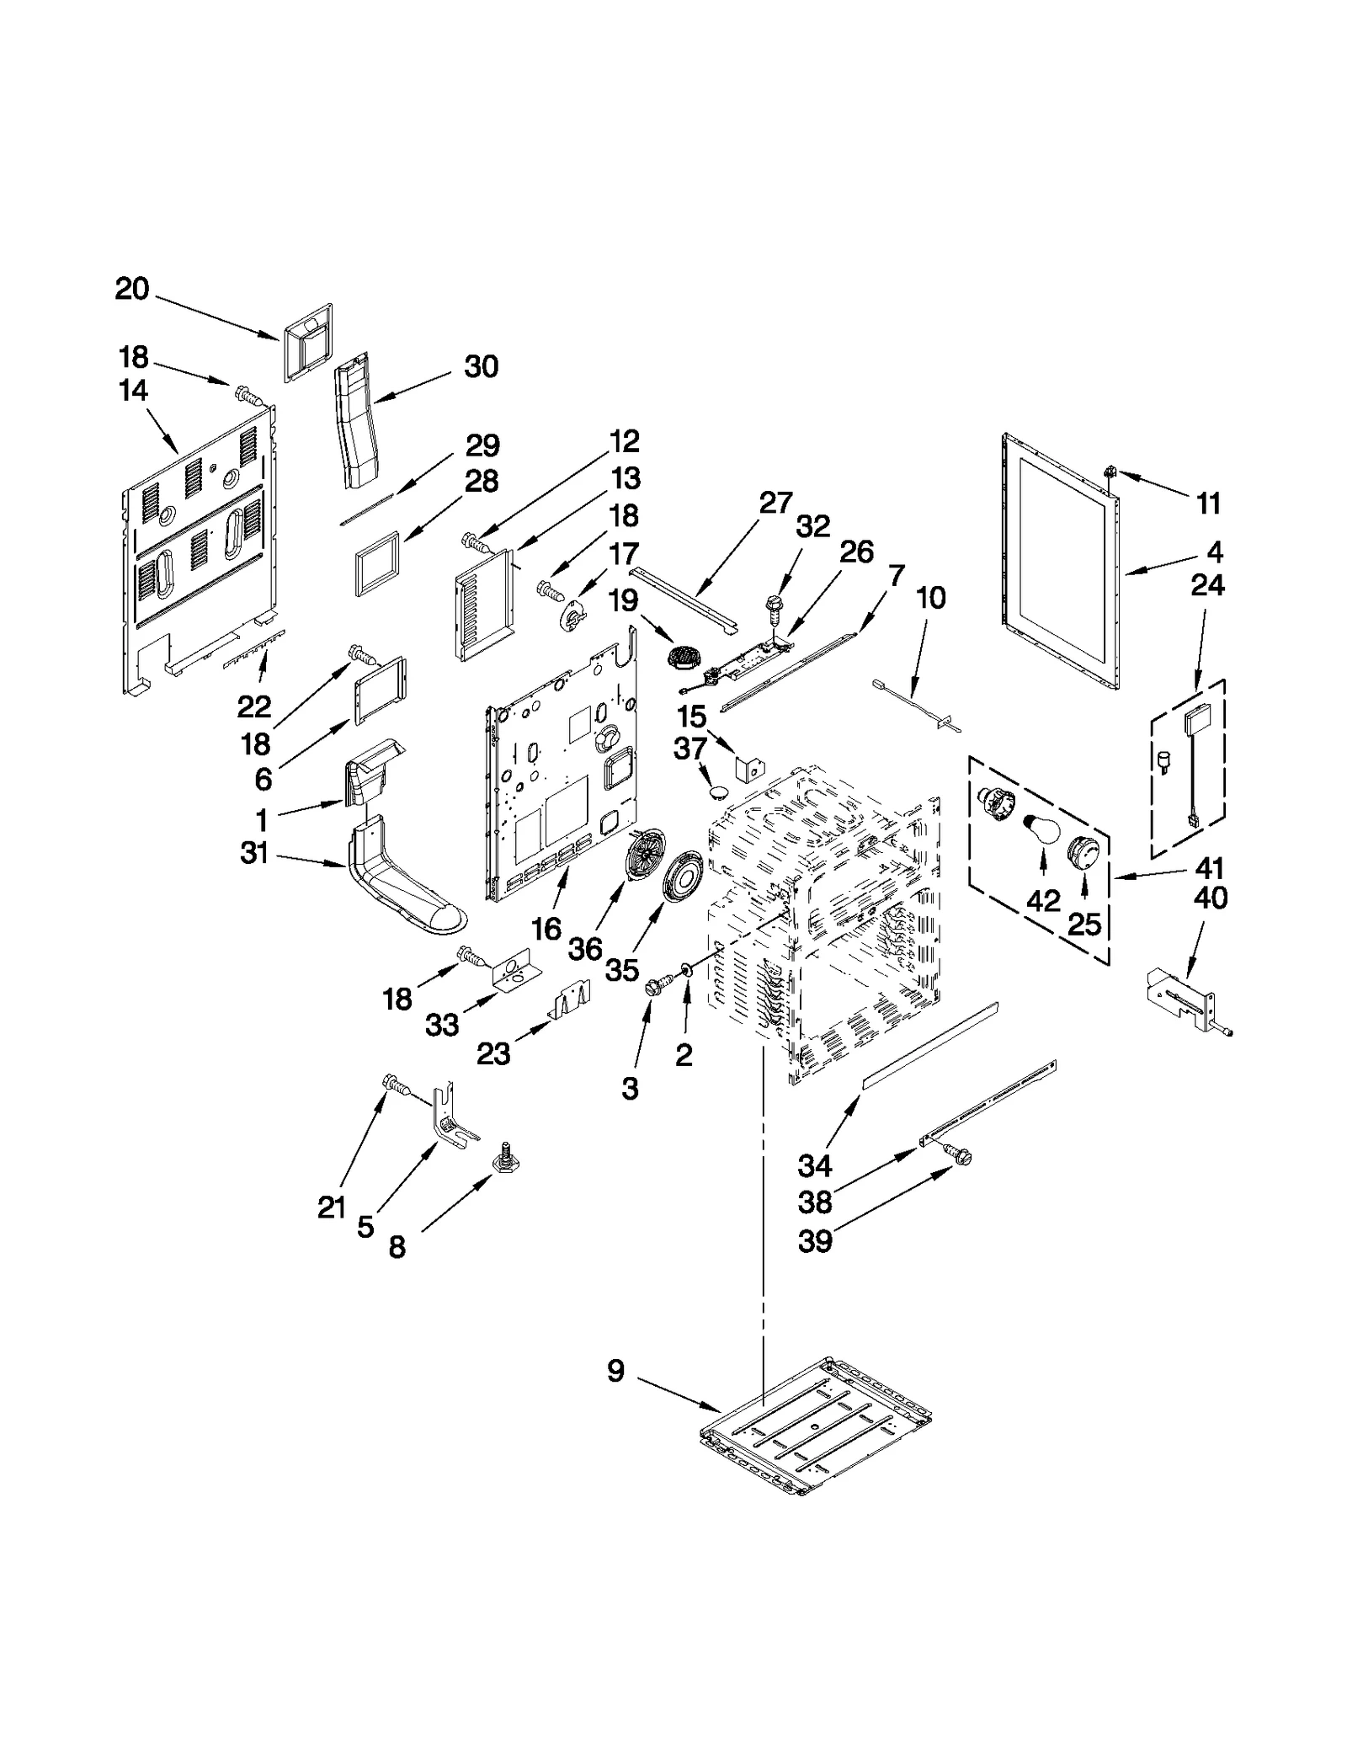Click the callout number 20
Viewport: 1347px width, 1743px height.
[132, 289]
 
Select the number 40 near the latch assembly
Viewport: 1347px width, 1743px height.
[1211, 898]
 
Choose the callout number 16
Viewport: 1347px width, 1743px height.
[546, 929]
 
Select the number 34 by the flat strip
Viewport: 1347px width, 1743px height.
[814, 1166]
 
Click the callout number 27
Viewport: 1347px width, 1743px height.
[775, 503]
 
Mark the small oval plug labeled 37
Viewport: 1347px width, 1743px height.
[718, 792]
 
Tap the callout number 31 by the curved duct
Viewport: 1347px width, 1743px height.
[253, 853]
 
